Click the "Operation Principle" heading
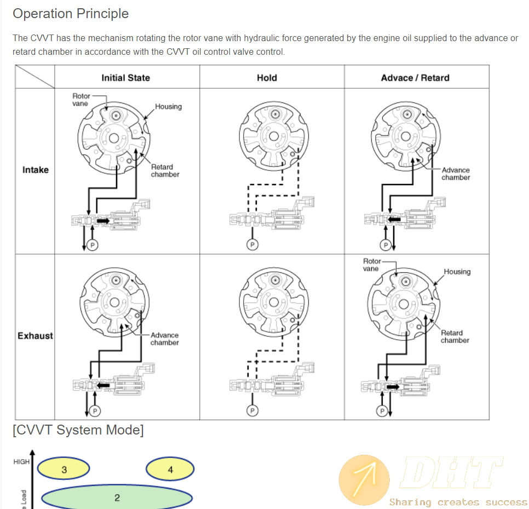(x=71, y=14)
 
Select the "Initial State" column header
(x=125, y=78)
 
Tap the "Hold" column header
(x=267, y=78)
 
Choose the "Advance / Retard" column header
(x=415, y=78)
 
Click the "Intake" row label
(x=36, y=170)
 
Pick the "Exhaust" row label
(x=35, y=335)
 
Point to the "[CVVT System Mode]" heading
(x=78, y=430)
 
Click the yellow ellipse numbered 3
(x=64, y=470)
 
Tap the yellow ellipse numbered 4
(x=170, y=470)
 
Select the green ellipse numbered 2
(x=117, y=498)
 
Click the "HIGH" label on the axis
(x=21, y=462)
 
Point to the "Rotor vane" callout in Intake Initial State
(x=81, y=100)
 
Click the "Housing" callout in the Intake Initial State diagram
(x=168, y=106)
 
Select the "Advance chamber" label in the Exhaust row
(x=164, y=339)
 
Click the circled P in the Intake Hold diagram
(x=252, y=244)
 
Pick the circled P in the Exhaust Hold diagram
(x=252, y=410)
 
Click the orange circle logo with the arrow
(x=364, y=480)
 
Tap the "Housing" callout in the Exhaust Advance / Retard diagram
(x=457, y=272)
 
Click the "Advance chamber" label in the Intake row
(x=456, y=174)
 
